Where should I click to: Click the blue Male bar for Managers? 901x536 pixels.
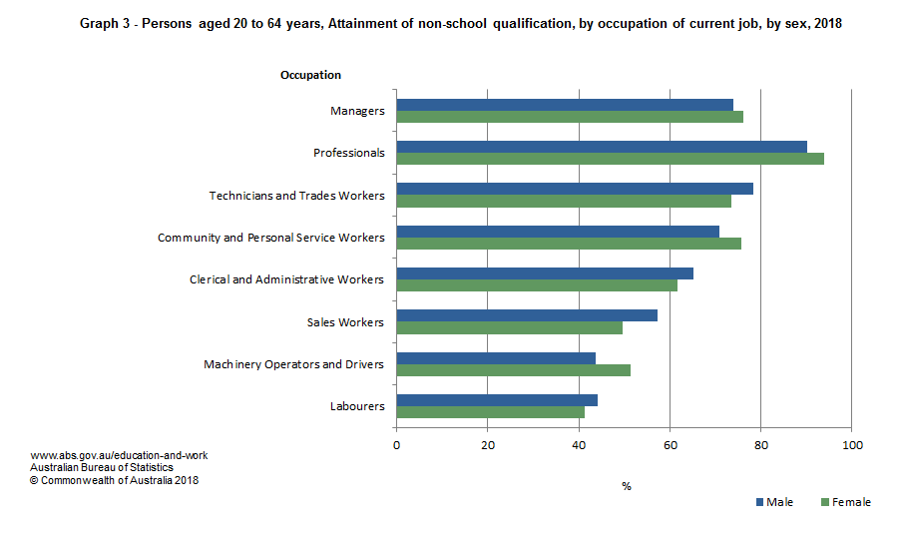pos(565,105)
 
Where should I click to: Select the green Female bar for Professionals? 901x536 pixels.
pos(610,159)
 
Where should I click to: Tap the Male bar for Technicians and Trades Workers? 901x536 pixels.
pos(575,189)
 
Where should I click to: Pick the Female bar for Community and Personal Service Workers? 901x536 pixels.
pos(569,243)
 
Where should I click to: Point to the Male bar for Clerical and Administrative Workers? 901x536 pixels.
pos(545,273)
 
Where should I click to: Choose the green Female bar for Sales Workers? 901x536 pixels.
pos(509,327)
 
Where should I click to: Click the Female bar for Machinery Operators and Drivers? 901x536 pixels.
pos(513,369)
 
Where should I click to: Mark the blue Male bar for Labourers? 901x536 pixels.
pos(497,400)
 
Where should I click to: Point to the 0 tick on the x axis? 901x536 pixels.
pos(397,444)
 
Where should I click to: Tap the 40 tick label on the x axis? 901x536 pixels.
pos(579,444)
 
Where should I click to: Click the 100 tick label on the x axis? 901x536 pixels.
pos(851,444)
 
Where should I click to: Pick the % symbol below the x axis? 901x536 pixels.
pos(627,486)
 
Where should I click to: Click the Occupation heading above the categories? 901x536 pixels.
pos(310,75)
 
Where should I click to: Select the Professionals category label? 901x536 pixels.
pos(348,153)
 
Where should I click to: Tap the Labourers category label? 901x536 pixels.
pos(357,406)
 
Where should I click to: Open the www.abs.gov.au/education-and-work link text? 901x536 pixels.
pos(119,455)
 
